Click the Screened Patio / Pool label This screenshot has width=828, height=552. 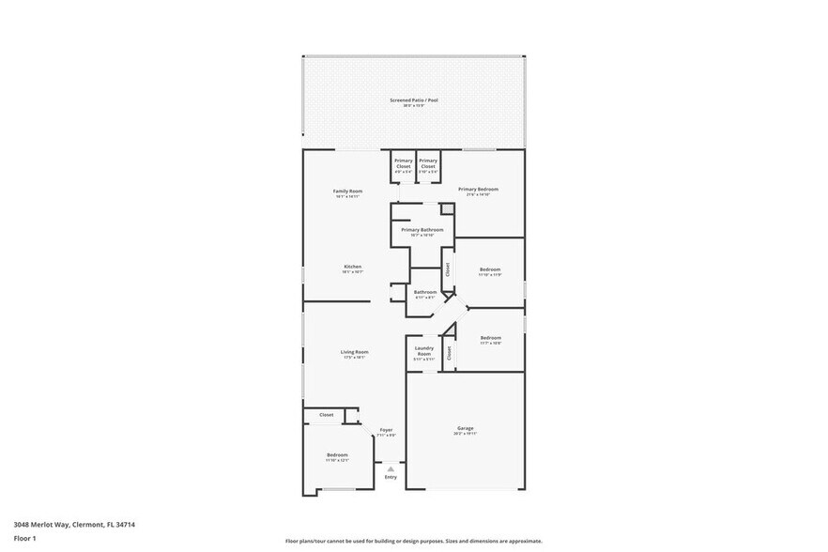pyautogui.click(x=414, y=100)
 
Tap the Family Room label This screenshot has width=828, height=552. pyautogui.click(x=347, y=192)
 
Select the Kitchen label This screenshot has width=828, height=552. pyautogui.click(x=352, y=267)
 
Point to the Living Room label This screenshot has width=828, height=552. pyautogui.click(x=354, y=352)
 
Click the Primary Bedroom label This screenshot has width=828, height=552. pyautogui.click(x=478, y=190)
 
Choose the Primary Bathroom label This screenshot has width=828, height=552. pyautogui.click(x=422, y=230)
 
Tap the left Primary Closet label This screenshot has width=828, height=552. pyautogui.click(x=404, y=161)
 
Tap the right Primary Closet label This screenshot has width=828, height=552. pyautogui.click(x=428, y=161)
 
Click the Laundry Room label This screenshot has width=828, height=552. pyautogui.click(x=423, y=348)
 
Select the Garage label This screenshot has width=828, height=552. pyautogui.click(x=466, y=428)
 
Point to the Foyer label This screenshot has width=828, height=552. pyautogui.click(x=386, y=430)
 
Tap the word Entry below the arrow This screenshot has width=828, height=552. pyautogui.click(x=391, y=477)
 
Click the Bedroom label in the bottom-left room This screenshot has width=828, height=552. pyautogui.click(x=337, y=455)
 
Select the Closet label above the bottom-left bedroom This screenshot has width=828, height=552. pyautogui.click(x=327, y=414)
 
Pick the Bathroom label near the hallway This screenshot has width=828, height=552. pyautogui.click(x=425, y=292)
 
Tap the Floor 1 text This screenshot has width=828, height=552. pyautogui.click(x=24, y=538)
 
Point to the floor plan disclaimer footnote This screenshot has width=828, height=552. pyautogui.click(x=413, y=541)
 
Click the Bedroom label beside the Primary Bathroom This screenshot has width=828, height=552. pyautogui.click(x=490, y=269)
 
